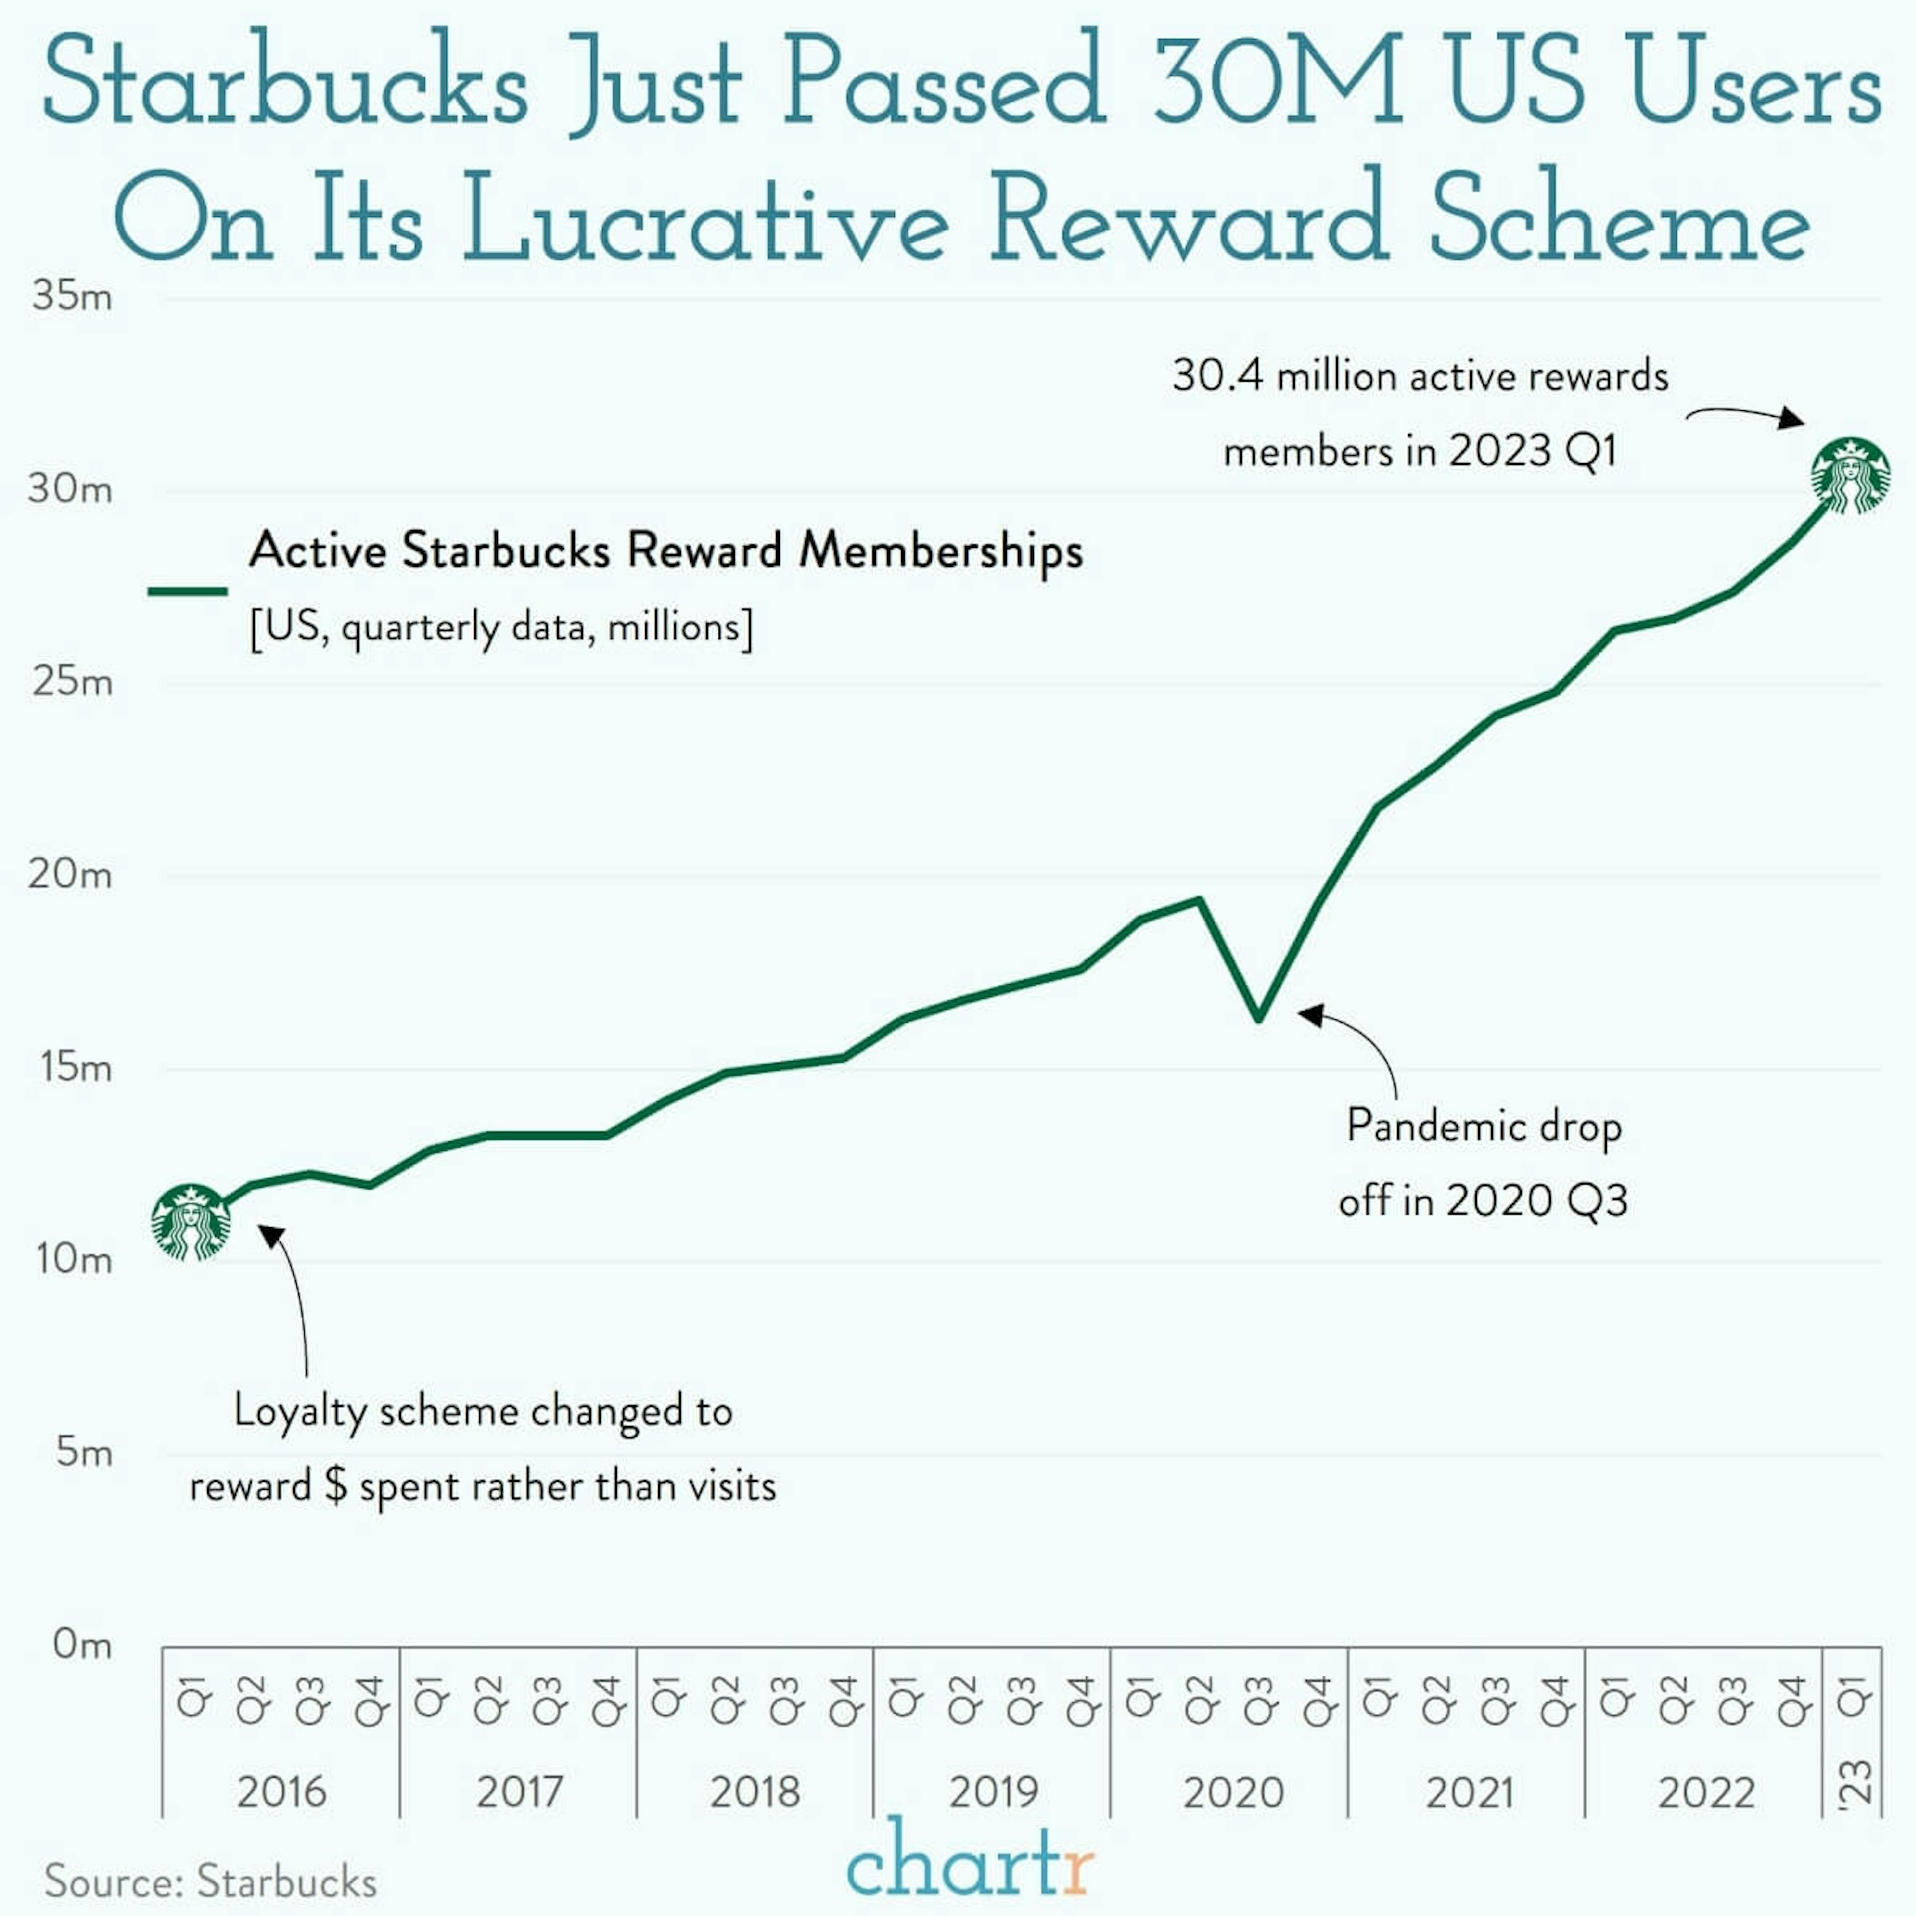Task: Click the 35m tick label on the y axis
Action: click(71, 295)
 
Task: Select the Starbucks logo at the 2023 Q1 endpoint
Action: click(1851, 476)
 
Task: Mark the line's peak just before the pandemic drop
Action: click(1201, 900)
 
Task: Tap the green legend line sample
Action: click(188, 591)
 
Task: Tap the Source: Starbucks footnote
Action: click(210, 1881)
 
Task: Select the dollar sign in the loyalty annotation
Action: click(336, 1485)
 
